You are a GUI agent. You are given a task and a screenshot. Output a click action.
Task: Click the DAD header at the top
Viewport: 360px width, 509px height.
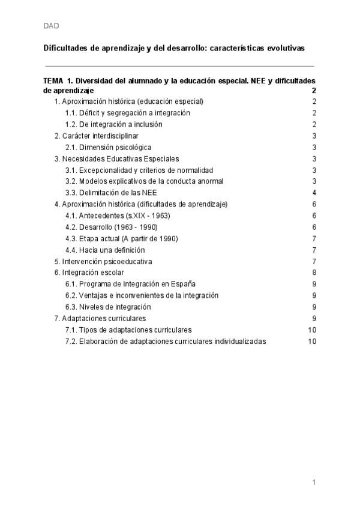[x=51, y=26]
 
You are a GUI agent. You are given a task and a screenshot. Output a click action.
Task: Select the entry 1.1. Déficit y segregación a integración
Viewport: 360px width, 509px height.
[x=127, y=113]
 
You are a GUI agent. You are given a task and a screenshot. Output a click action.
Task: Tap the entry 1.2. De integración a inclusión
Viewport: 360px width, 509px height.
[x=113, y=124]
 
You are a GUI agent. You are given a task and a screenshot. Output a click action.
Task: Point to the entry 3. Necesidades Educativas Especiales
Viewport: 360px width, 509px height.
[x=116, y=159]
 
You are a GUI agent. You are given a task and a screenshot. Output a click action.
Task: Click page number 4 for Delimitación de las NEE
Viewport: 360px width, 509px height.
[x=314, y=193]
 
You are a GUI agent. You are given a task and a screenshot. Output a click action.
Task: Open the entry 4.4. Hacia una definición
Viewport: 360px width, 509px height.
[x=105, y=250]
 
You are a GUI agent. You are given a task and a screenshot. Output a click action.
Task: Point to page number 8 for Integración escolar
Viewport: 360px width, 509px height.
[x=314, y=273]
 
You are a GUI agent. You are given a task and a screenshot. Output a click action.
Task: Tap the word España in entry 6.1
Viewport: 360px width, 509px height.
[x=183, y=284]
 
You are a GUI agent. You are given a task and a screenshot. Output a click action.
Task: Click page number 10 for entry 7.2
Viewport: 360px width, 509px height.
[x=312, y=341]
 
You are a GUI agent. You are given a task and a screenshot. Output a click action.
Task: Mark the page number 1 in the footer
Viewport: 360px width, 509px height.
[x=314, y=482]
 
